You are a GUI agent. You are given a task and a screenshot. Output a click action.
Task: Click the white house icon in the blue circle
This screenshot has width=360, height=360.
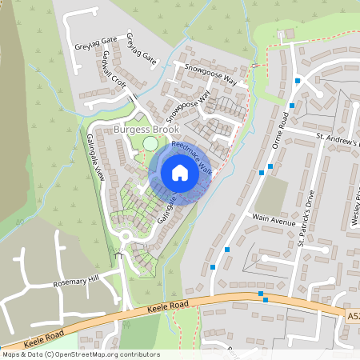[180, 172]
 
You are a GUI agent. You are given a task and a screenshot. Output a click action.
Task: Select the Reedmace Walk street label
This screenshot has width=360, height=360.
[192, 158]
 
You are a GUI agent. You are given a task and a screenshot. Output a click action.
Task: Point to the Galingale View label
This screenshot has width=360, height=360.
[96, 157]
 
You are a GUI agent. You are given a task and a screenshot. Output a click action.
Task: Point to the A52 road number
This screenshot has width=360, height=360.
[353, 316]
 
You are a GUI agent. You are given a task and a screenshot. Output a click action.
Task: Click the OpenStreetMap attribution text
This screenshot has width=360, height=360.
[80, 354]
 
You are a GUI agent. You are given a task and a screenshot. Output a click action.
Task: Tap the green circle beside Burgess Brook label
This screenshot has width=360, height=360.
[150, 144]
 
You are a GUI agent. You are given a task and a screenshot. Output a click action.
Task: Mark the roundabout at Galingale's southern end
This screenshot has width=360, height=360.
[126, 237]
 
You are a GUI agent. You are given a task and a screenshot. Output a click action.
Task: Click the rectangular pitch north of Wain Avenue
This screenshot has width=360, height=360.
[274, 194]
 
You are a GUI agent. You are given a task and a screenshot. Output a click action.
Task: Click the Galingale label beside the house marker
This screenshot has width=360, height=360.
[166, 207]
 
